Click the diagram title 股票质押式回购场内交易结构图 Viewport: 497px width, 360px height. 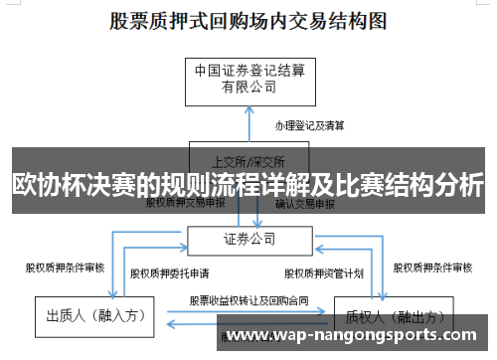point(248,21)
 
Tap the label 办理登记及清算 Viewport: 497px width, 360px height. point(309,126)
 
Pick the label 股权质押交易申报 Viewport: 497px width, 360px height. point(186,203)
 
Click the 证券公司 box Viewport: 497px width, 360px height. point(248,240)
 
